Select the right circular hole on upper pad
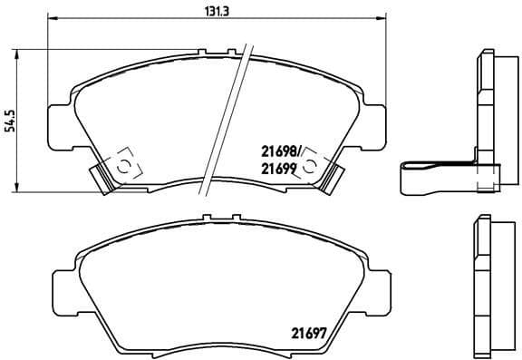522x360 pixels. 311,165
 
